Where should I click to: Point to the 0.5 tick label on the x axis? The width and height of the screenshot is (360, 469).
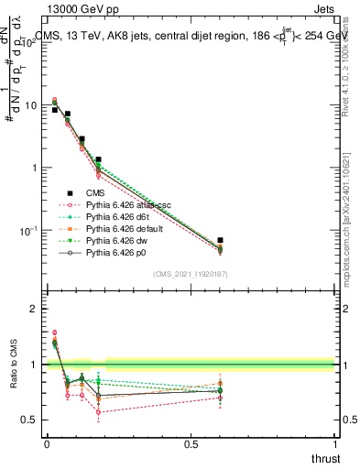click(191, 442)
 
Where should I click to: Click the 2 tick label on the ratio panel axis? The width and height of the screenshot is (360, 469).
click(35, 309)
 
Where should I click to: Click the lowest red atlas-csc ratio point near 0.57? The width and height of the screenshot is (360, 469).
click(97, 411)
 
